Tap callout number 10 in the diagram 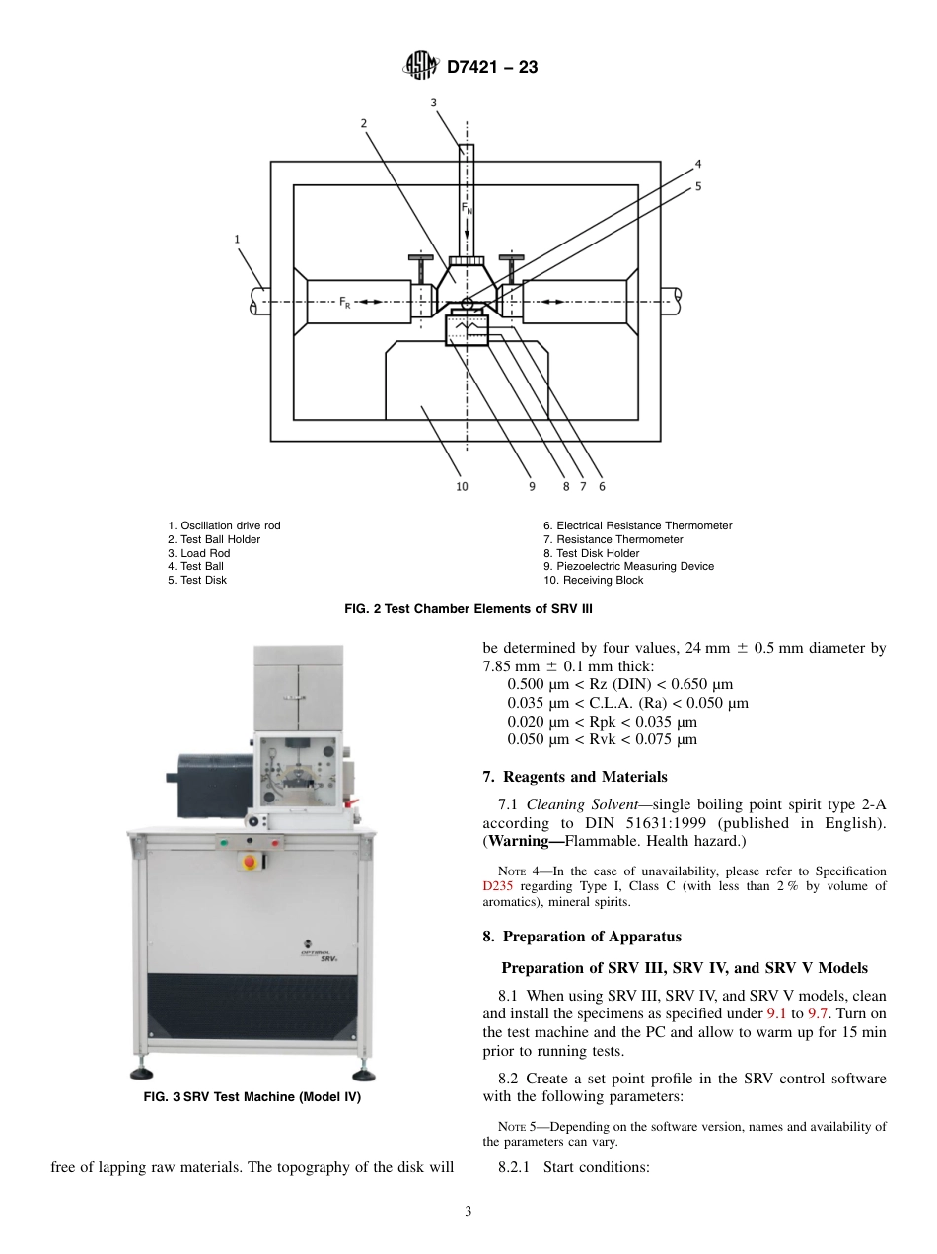click(x=462, y=486)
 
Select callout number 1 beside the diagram click(x=237, y=239)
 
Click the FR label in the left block click(x=345, y=303)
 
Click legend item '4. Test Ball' click(x=195, y=567)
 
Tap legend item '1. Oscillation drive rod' click(x=224, y=526)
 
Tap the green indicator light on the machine click(x=223, y=842)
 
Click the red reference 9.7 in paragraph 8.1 click(x=818, y=1013)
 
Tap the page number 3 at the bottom click(x=468, y=1212)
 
